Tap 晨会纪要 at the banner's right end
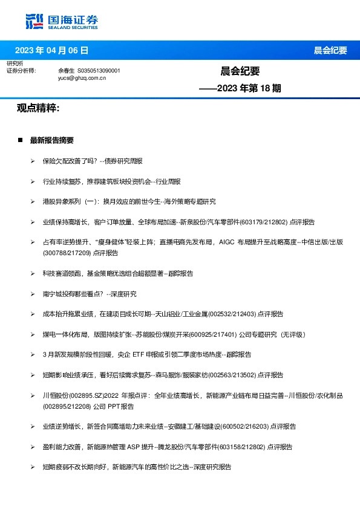pos(330,50)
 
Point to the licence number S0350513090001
pos(99,71)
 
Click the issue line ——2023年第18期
pos(241,88)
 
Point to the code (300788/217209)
pos(67,251)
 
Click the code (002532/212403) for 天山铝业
pos(233,314)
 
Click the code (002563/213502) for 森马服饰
pos(233,375)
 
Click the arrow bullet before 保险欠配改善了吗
pos(32,161)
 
